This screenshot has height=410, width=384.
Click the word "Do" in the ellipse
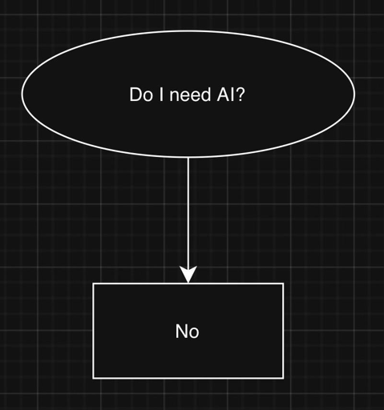pyautogui.click(x=139, y=94)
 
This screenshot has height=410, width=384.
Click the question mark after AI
pyautogui.click(x=240, y=94)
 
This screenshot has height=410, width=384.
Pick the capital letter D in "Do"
pyautogui.click(x=135, y=94)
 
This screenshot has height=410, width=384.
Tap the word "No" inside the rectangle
pyautogui.click(x=188, y=331)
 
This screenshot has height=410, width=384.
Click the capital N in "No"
pyautogui.click(x=182, y=331)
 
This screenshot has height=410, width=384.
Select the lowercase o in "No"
pyautogui.click(x=194, y=332)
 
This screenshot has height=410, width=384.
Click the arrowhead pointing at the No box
pyautogui.click(x=188, y=275)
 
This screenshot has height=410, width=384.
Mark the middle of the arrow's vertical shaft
pyautogui.click(x=188, y=213)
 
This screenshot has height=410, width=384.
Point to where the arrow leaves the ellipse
pyautogui.click(x=188, y=158)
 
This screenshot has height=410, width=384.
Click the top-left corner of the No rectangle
pyautogui.click(x=94, y=283)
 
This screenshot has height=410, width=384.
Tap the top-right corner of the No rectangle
pyautogui.click(x=283, y=283)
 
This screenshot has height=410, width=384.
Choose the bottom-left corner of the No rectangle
pyautogui.click(x=94, y=377)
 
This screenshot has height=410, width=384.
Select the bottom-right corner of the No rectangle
pyautogui.click(x=283, y=377)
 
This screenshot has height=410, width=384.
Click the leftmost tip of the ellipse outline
pyautogui.click(x=22, y=94)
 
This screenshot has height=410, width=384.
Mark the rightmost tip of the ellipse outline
pyautogui.click(x=354, y=93)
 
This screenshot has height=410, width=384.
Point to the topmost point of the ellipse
pyautogui.click(x=188, y=31)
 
